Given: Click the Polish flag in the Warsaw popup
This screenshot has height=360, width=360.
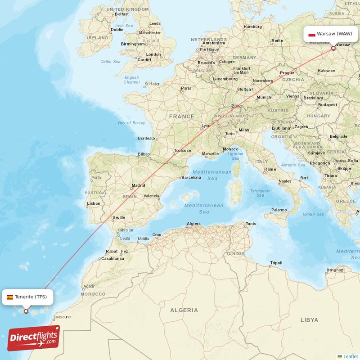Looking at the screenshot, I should click(x=311, y=34).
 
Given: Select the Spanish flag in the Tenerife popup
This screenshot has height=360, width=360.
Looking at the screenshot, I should click(x=10, y=297).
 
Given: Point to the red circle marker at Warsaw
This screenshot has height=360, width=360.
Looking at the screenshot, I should click(x=333, y=48).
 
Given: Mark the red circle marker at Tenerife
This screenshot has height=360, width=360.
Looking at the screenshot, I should click(x=26, y=311).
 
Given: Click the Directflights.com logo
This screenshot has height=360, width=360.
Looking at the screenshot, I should click(x=34, y=338).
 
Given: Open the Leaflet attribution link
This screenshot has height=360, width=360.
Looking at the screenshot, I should click(x=351, y=356).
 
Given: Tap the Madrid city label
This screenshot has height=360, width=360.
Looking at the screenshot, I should click(x=138, y=185).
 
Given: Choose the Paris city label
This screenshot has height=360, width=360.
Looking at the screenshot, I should click(x=186, y=88).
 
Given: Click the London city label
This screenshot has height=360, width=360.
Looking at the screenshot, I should click(x=153, y=54).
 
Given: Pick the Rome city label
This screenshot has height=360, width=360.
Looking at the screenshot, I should click(x=270, y=169).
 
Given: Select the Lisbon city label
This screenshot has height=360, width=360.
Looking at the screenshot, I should click(x=94, y=203).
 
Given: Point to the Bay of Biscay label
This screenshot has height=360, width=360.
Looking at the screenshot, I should click(x=131, y=123).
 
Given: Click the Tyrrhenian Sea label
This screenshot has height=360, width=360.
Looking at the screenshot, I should click(x=260, y=193).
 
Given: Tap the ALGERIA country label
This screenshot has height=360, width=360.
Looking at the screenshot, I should click(x=184, y=310).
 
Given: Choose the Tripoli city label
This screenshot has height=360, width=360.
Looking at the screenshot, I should click(x=276, y=263).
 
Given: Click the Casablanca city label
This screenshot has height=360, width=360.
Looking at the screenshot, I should click(x=112, y=259).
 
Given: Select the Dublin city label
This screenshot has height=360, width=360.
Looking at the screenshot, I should click(x=116, y=31).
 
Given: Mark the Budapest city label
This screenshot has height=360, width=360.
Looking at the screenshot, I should click(x=327, y=105).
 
